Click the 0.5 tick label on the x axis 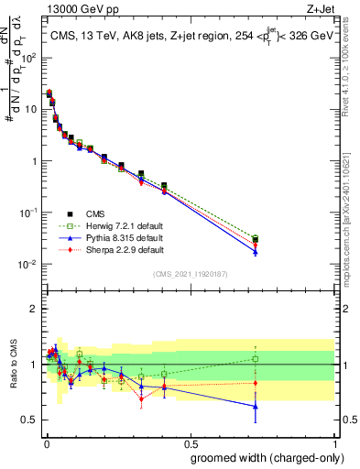[x=190, y=442]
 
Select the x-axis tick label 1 [x=336, y=442]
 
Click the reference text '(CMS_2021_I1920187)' [x=190, y=273]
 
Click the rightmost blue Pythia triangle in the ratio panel [x=256, y=406]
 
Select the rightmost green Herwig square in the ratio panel [x=256, y=359]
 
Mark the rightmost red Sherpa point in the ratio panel [x=256, y=383]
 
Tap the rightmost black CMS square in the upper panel [x=256, y=239]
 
